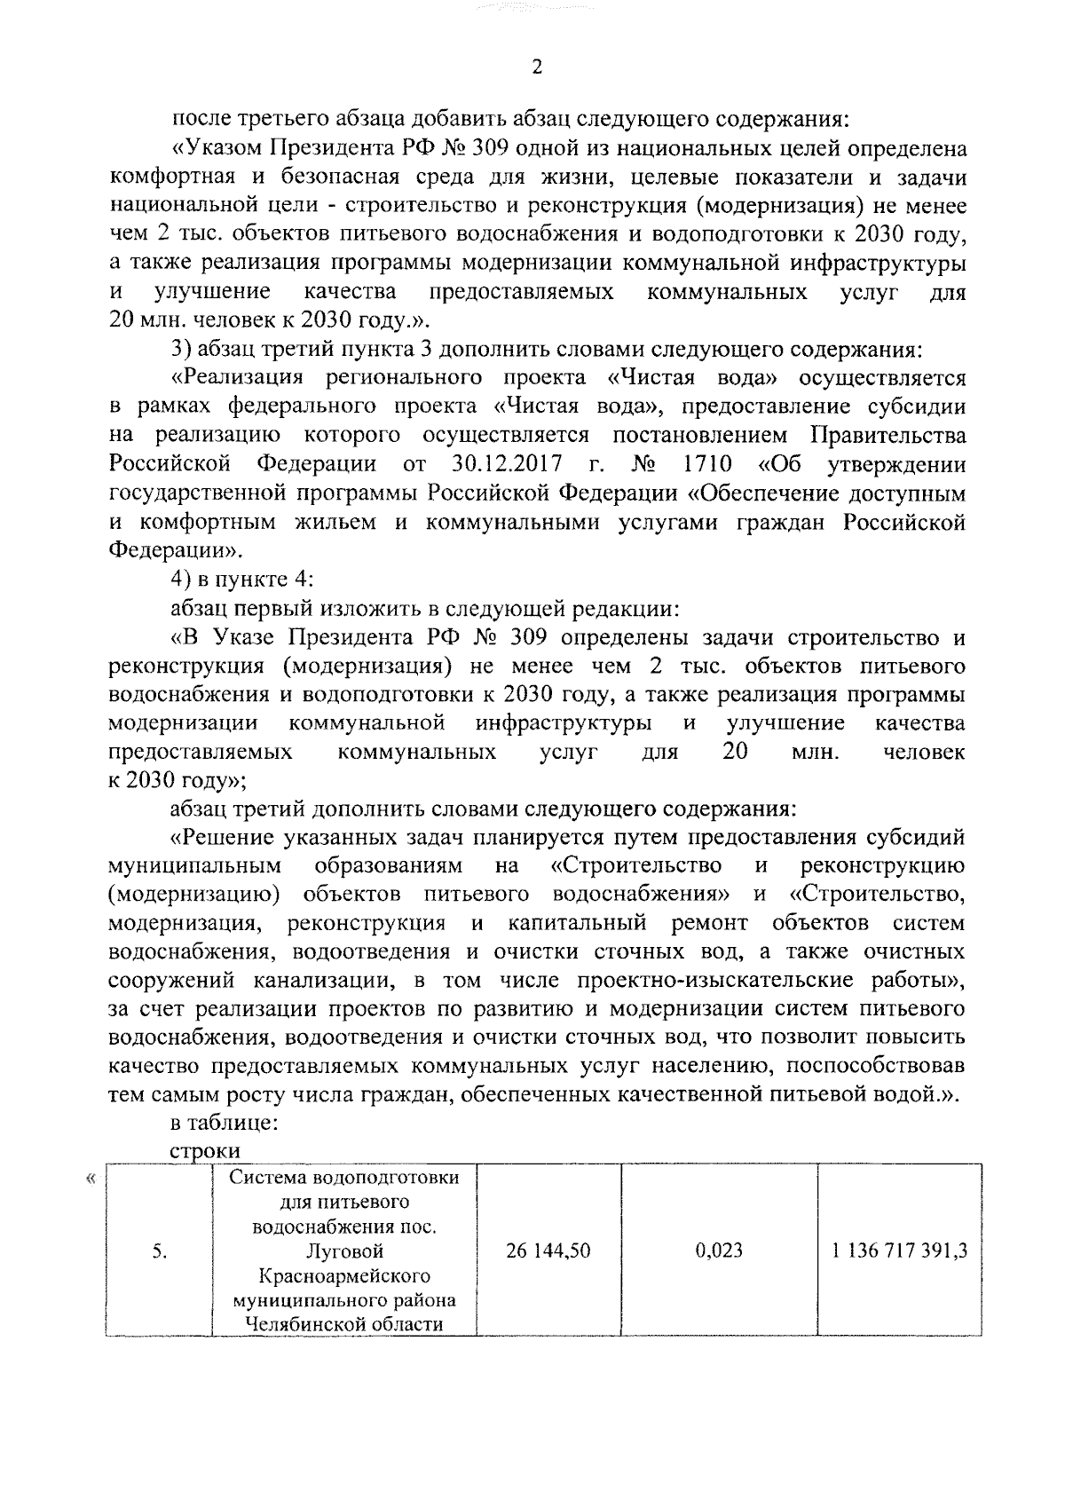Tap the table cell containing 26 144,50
pos(548,1251)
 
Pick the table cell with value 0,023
pos(719,1251)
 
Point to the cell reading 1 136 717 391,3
pos(899,1251)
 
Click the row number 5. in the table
pos(160,1252)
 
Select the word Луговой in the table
pos(343,1251)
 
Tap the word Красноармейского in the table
pos(343,1276)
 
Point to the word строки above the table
pos(205,1150)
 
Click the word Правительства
pos(887,436)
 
